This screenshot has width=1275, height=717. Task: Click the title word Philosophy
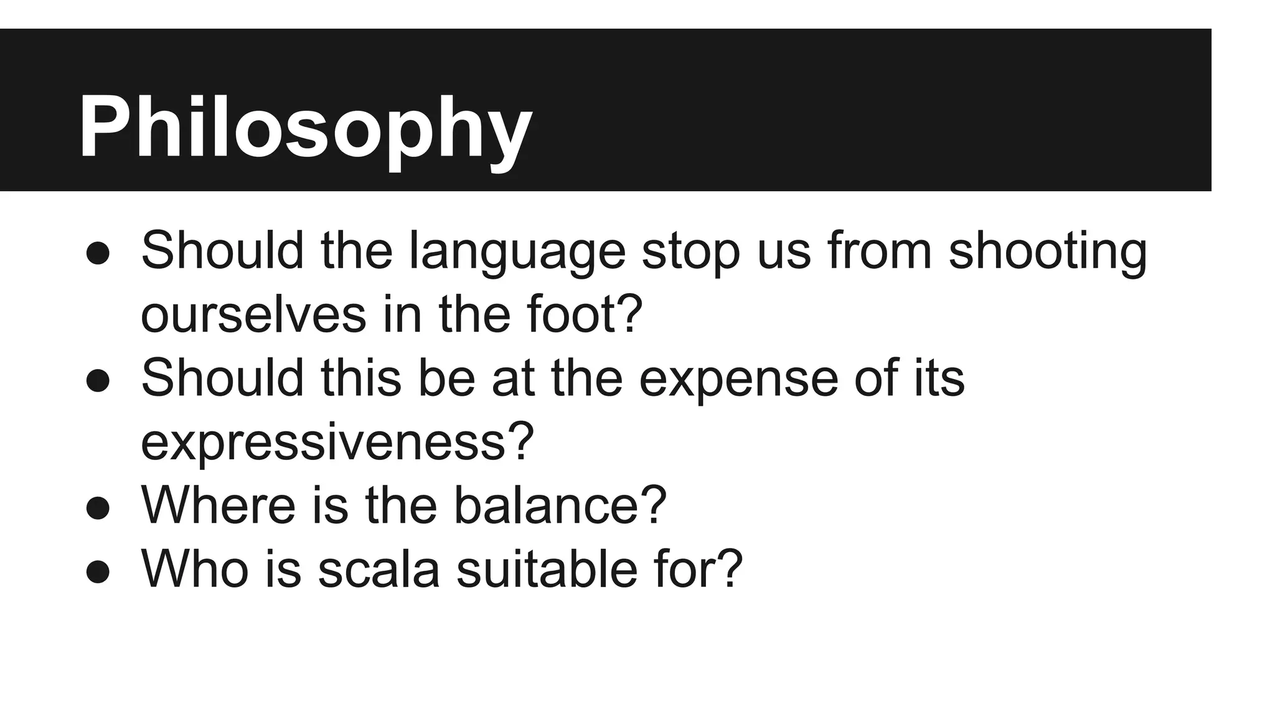click(x=305, y=128)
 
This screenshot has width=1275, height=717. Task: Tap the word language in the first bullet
click(x=516, y=252)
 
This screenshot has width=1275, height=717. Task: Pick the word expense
click(x=738, y=380)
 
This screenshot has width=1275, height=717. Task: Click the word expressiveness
click(x=337, y=442)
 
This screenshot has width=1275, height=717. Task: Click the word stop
click(x=690, y=252)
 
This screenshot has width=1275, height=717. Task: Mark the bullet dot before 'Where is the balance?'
click(x=98, y=508)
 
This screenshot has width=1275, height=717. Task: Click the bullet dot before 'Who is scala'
click(x=98, y=571)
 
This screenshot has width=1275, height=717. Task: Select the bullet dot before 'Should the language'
click(x=98, y=254)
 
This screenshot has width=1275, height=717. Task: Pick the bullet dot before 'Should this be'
click(x=98, y=381)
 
